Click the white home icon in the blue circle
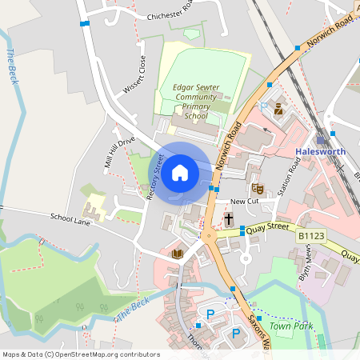point(180,172)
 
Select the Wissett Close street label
point(134,74)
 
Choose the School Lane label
point(71,217)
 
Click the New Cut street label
point(243,202)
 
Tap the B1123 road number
point(310,236)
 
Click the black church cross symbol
point(229,218)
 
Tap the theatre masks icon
point(258,187)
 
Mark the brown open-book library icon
point(178,254)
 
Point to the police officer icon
point(278,109)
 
